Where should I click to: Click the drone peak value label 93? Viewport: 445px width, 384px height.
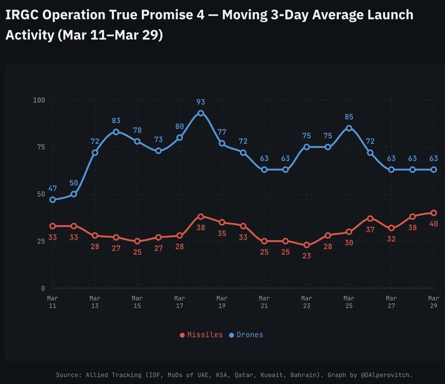(x=201, y=102)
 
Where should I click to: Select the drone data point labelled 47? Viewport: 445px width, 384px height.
(x=53, y=200)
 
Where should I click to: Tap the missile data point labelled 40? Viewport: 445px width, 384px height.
(x=433, y=213)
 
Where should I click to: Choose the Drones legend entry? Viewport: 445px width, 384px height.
(x=246, y=335)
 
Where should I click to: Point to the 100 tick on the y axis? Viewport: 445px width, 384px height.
(x=38, y=100)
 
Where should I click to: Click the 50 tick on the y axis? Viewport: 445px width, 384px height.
(x=41, y=194)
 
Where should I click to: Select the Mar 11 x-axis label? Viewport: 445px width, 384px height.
(x=53, y=302)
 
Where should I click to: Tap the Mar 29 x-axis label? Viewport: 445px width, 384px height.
(x=433, y=302)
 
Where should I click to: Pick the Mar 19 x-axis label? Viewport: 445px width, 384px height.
(x=222, y=302)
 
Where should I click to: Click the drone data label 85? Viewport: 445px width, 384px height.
(x=349, y=117)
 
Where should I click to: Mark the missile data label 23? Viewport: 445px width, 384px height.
(x=306, y=256)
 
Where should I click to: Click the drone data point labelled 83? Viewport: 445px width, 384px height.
(x=116, y=132)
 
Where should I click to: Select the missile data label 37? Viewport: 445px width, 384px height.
(x=370, y=229)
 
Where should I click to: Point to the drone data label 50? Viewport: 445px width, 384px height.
(x=74, y=183)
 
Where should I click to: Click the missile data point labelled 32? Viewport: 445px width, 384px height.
(x=391, y=228)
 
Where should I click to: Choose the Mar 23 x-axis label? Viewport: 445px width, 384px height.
(x=306, y=302)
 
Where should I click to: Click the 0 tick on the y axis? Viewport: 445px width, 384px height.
(x=43, y=288)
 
